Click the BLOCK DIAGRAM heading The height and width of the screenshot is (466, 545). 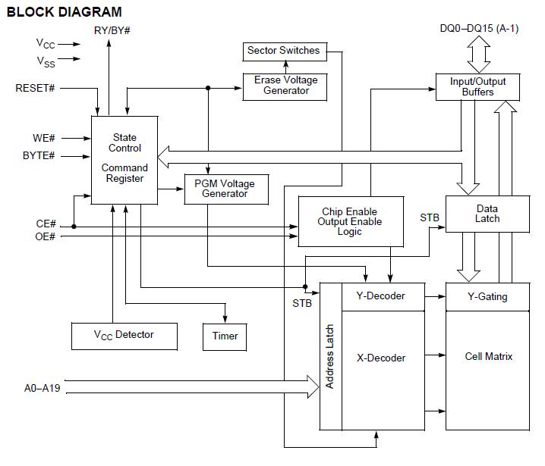click(x=64, y=12)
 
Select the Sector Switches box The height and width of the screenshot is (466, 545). click(x=284, y=51)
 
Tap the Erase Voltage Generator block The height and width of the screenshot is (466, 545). click(x=285, y=86)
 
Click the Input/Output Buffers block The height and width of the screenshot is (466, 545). click(x=477, y=86)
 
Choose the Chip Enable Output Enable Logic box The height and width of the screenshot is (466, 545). click(x=350, y=222)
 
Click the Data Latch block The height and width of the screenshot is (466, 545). click(x=487, y=214)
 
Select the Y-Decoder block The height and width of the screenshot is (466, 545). click(x=380, y=296)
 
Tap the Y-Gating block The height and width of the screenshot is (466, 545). click(x=487, y=296)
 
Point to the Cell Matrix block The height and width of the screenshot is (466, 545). click(x=488, y=356)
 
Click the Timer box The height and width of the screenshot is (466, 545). click(x=225, y=336)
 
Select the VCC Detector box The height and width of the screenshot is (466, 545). click(x=124, y=335)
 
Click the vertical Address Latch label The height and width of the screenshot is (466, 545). click(x=330, y=356)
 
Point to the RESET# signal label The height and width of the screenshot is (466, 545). click(x=36, y=89)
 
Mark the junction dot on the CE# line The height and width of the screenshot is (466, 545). click(x=74, y=226)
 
